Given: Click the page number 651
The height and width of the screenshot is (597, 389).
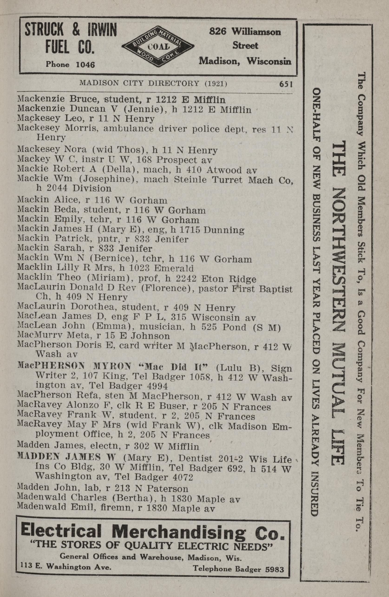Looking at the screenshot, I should click(286, 84).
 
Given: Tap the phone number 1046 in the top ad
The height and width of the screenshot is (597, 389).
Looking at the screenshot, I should click(85, 65).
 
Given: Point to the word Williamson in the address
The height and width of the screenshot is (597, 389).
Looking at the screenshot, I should click(256, 32).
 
